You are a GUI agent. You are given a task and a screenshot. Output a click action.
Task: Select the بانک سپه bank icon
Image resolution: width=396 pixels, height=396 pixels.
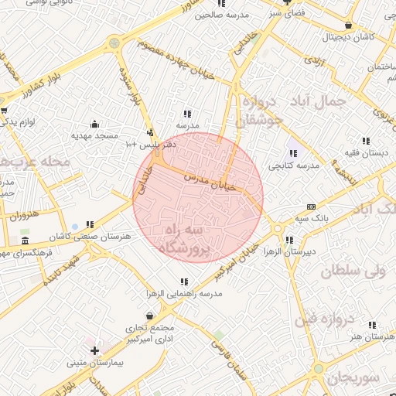311,207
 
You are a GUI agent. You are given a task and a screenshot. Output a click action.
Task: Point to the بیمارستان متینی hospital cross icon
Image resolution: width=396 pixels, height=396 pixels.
94,350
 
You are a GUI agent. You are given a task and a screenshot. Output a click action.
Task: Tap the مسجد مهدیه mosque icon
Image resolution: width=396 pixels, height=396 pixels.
94,124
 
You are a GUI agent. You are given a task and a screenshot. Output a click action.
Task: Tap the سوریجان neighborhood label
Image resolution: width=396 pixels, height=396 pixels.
353,377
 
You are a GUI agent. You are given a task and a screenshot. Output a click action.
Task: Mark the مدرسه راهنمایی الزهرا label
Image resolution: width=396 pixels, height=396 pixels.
185,295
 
